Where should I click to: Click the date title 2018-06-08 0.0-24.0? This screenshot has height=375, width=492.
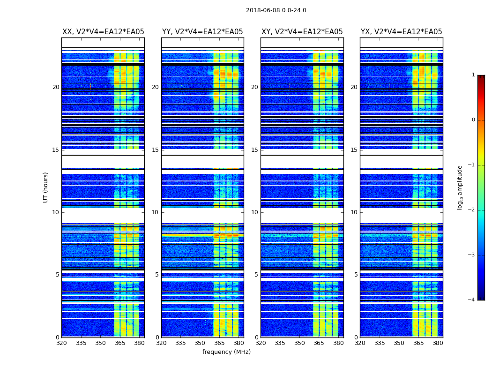click(x=276, y=10)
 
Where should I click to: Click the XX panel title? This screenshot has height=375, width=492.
click(x=103, y=32)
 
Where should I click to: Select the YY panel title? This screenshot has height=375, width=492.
click(x=202, y=32)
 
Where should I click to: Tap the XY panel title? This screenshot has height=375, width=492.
click(x=302, y=32)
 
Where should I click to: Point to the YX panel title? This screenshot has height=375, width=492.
click(x=402, y=32)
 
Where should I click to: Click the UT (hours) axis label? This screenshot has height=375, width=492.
click(x=46, y=187)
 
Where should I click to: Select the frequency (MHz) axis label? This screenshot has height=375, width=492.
click(x=226, y=352)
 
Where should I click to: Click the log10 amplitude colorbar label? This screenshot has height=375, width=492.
click(x=460, y=187)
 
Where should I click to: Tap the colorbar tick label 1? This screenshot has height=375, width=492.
click(x=473, y=75)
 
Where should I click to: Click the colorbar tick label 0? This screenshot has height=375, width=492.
click(x=473, y=120)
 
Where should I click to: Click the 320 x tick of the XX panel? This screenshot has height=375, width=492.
click(x=61, y=343)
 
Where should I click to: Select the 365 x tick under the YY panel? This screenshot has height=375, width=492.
click(x=219, y=343)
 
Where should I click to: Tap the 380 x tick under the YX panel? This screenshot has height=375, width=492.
click(x=438, y=343)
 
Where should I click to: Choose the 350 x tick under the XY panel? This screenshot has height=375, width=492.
click(x=299, y=343)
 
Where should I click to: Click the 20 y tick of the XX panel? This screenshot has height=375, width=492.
click(x=56, y=87)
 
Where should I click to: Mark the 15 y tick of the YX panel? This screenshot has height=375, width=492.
click(x=354, y=150)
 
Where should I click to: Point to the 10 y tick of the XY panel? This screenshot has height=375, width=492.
click(x=255, y=212)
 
